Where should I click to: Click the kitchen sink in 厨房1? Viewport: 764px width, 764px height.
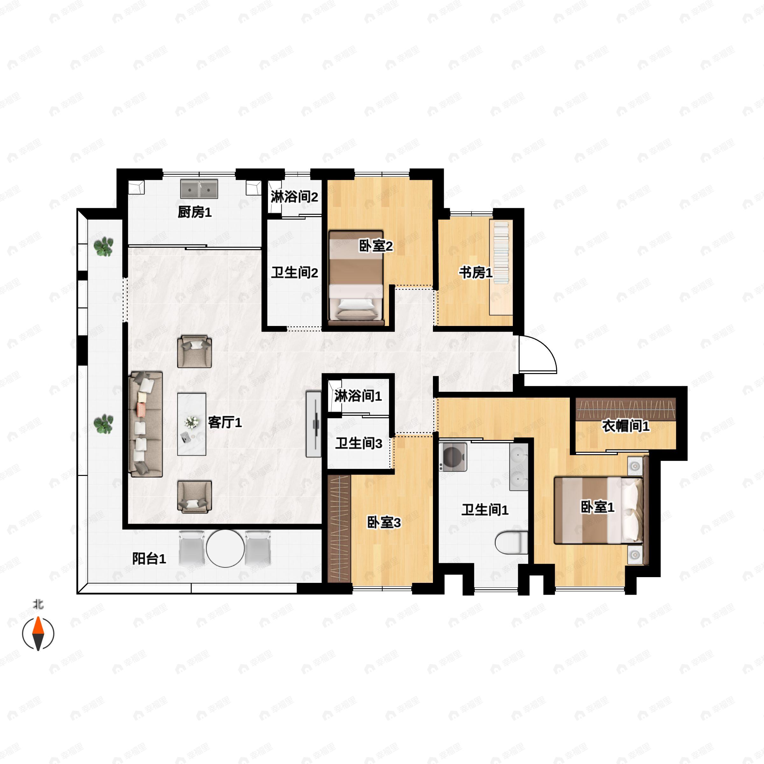point(199,189)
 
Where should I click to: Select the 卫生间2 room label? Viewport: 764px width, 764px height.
point(294,272)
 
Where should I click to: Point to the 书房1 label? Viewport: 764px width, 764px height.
point(476,272)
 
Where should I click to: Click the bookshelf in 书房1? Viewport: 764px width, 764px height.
point(501,267)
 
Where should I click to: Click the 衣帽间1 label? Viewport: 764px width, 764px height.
point(626,426)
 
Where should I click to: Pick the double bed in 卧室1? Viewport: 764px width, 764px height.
point(598,510)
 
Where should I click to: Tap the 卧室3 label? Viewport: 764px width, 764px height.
point(384,523)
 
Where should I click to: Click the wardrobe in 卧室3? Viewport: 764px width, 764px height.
point(339,529)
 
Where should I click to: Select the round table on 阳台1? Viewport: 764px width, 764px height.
point(225,548)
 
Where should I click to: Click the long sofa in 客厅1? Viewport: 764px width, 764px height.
point(146,424)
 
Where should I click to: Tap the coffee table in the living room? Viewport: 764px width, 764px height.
point(192,424)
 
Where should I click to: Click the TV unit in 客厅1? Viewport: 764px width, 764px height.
point(314,424)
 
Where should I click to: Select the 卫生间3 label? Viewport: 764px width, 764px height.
point(359,444)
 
